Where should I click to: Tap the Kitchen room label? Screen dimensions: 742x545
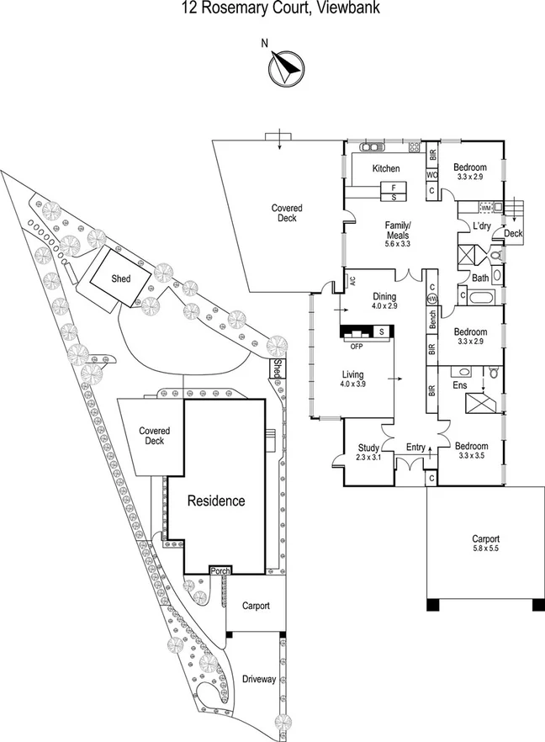click(x=386, y=168)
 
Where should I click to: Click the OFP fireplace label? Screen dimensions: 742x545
click(x=357, y=346)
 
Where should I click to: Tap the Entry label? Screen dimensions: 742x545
click(x=415, y=448)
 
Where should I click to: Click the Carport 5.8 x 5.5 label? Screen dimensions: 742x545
click(x=486, y=543)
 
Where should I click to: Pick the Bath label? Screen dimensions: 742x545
click(x=480, y=278)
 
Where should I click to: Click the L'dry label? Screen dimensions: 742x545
click(x=481, y=227)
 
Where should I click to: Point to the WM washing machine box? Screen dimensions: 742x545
click(x=485, y=207)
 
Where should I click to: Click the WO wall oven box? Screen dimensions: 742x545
click(x=431, y=174)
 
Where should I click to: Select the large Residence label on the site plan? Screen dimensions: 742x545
click(x=216, y=501)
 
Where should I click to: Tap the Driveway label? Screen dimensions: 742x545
click(x=258, y=679)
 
